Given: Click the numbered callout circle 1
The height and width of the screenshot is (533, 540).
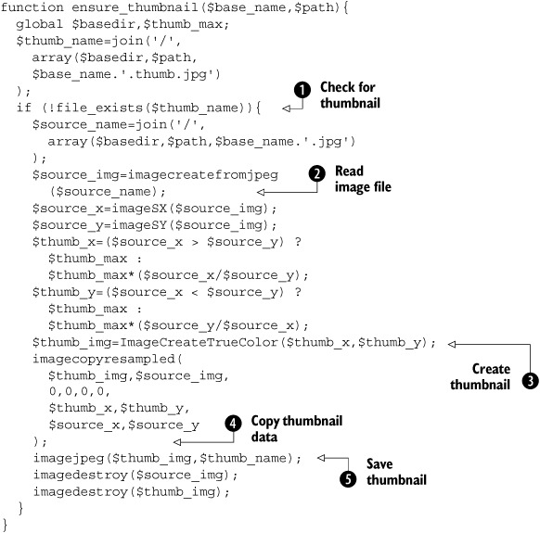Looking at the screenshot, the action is pyautogui.click(x=302, y=90).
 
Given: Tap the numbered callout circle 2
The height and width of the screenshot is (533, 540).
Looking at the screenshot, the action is pyautogui.click(x=316, y=173).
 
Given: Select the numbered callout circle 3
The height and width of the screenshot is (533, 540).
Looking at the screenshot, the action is pyautogui.click(x=530, y=381).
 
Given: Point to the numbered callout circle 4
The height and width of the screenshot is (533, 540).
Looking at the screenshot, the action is pyautogui.click(x=233, y=424).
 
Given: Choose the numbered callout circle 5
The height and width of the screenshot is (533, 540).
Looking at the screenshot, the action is pyautogui.click(x=348, y=479).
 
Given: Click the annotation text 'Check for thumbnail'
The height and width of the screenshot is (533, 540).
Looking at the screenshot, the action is pyautogui.click(x=350, y=95).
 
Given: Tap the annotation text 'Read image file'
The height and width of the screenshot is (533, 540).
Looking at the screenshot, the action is pyautogui.click(x=363, y=179).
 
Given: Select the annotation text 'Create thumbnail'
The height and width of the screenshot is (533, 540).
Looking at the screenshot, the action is pyautogui.click(x=480, y=376).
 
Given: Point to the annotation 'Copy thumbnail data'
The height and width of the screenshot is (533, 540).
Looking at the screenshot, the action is pyautogui.click(x=297, y=428).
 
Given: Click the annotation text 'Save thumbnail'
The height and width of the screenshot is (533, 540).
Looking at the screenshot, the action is pyautogui.click(x=396, y=472).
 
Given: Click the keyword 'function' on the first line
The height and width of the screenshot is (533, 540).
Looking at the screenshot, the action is pyautogui.click(x=32, y=7).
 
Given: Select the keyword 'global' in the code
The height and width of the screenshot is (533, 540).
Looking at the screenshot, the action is pyautogui.click(x=40, y=24).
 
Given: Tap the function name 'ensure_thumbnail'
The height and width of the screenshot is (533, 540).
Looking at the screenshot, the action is pyautogui.click(x=135, y=7).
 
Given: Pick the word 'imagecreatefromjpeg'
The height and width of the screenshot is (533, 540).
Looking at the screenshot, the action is pyautogui.click(x=203, y=175).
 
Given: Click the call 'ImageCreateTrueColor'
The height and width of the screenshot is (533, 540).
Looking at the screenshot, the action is pyautogui.click(x=199, y=342).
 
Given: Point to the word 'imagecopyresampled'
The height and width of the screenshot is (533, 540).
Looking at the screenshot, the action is pyautogui.click(x=104, y=360).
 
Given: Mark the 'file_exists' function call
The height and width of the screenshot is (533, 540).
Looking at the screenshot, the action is pyautogui.click(x=99, y=108).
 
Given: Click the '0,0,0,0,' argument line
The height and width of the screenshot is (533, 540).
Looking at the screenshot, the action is pyautogui.click(x=80, y=391).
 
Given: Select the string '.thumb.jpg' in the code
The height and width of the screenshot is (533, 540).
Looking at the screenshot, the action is pyautogui.click(x=171, y=75).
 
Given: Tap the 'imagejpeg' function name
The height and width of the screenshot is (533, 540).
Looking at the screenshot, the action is pyautogui.click(x=69, y=459).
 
